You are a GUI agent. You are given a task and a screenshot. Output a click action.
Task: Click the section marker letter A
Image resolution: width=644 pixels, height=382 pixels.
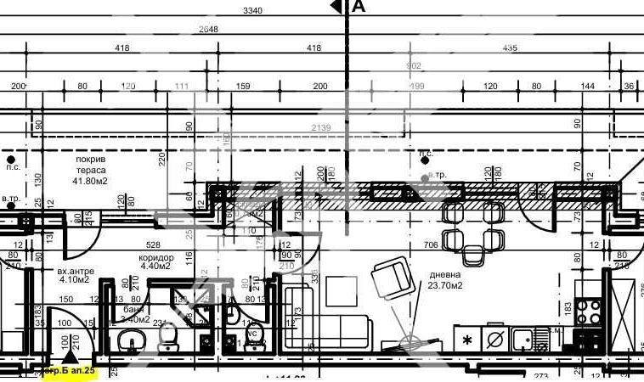(359, 8)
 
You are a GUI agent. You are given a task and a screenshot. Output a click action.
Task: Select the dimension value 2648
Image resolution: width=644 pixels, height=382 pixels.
(208, 29)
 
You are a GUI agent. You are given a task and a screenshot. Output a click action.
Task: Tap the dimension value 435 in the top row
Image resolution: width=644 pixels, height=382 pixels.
(510, 48)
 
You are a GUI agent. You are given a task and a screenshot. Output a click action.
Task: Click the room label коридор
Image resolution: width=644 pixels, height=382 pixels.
(156, 257)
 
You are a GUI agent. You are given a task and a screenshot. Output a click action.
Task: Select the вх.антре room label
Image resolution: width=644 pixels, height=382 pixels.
(74, 270)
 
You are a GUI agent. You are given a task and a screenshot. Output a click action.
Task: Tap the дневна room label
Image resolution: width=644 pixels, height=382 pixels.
(445, 275)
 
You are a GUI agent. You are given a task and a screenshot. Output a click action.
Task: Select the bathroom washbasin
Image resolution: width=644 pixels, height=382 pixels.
(129, 342)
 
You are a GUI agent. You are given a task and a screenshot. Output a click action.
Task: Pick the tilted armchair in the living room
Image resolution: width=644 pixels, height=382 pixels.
(391, 277)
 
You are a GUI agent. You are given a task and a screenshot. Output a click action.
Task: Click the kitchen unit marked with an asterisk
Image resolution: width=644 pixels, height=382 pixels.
(466, 340)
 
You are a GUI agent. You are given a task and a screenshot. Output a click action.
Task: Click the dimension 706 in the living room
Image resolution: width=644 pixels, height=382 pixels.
(430, 244)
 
